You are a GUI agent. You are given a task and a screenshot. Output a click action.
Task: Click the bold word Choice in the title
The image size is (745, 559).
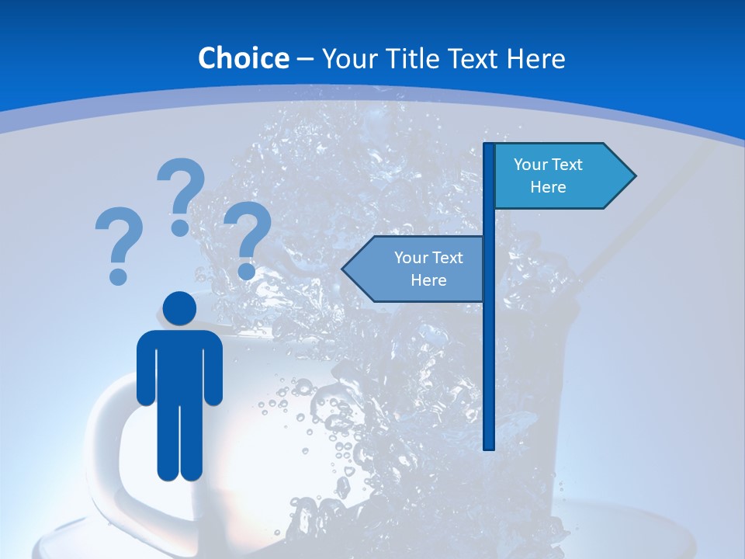[x=243, y=58]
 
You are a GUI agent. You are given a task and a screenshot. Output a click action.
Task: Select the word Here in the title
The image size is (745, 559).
[x=535, y=58]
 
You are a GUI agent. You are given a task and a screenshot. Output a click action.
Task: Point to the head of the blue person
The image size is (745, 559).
[x=180, y=308]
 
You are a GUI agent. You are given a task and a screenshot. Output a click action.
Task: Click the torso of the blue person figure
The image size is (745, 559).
[x=180, y=365]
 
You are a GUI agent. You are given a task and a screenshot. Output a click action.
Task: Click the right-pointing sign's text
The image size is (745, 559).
[x=548, y=175]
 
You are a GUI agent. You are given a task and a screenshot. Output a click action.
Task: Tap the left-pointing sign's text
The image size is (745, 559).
[x=428, y=269]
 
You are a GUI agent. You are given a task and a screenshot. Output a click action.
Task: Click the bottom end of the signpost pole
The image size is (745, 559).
[x=489, y=446]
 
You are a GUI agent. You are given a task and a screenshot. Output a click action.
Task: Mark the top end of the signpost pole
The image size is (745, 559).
[x=489, y=146]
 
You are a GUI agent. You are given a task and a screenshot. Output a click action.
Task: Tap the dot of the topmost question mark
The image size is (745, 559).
[x=180, y=227]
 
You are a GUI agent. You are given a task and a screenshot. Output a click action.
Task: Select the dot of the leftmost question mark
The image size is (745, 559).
[x=118, y=276]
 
